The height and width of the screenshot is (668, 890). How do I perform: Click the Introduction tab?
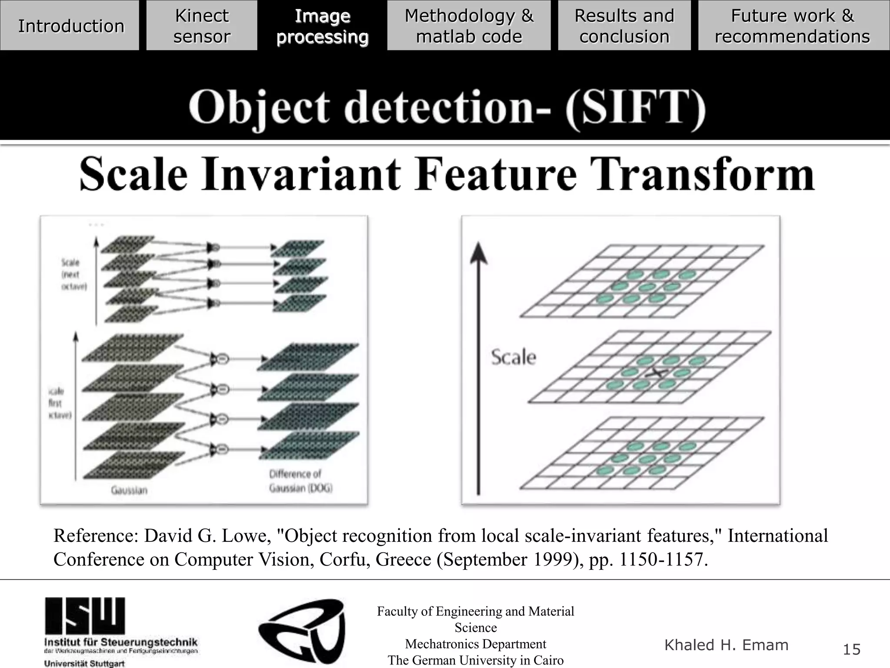coord(71,26)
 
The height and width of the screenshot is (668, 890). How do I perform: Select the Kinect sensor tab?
coord(202,26)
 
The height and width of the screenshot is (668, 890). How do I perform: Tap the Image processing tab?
coord(322,26)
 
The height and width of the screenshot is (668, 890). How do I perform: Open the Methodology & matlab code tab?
coord(469,26)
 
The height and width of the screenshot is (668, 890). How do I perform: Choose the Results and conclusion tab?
coord(624,26)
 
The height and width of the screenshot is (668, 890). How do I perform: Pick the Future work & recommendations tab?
coord(792,26)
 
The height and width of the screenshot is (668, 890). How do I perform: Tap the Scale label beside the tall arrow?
coord(514,357)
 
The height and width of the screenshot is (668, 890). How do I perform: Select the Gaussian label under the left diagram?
coord(129,491)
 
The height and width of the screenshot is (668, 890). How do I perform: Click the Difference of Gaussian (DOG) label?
coord(301,481)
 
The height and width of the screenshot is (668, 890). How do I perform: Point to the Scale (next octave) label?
coord(74,274)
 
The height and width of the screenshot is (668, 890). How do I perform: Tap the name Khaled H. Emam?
coord(726,645)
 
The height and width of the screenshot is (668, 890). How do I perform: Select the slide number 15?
coord(851,649)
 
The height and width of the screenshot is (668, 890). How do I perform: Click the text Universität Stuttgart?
coord(84,664)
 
